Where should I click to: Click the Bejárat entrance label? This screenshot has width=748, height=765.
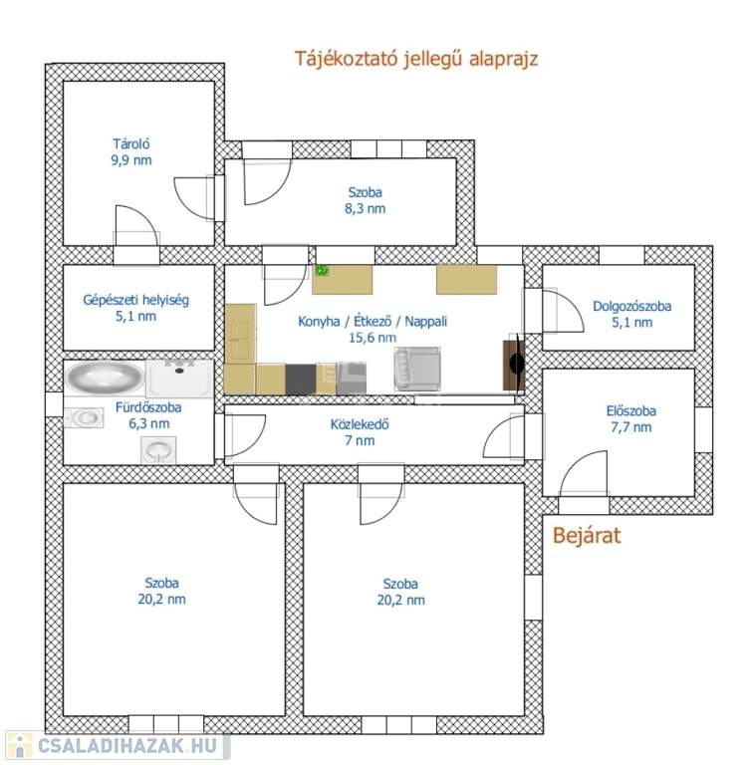587,536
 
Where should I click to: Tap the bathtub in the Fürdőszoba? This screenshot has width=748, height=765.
105,377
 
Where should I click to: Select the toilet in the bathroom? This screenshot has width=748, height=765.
84,417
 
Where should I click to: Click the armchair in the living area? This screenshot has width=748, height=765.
417,369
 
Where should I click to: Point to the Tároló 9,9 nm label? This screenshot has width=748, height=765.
131,152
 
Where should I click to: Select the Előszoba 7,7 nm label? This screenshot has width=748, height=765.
630,418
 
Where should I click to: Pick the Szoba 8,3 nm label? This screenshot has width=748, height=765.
365,200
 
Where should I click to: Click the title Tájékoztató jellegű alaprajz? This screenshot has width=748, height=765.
416,59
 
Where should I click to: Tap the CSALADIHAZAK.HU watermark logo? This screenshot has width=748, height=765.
118,745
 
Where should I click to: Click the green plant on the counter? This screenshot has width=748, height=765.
322,270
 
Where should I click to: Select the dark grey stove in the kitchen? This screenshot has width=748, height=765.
301,380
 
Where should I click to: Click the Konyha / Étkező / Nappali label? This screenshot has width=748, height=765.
373,329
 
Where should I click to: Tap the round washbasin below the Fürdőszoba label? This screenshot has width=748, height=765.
158,449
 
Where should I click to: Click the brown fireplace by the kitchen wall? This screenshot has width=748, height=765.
514,364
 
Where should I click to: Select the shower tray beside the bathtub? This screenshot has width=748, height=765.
179,379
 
